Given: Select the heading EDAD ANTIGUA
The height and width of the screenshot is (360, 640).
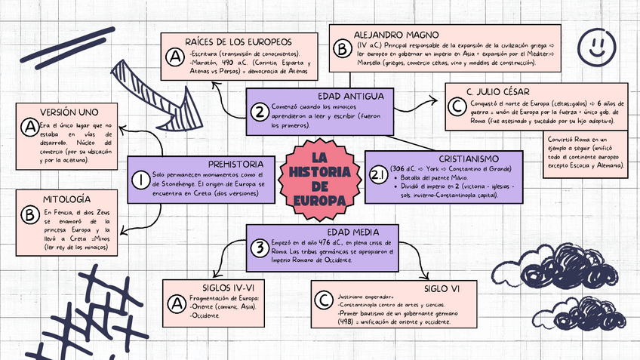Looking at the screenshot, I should [351, 96].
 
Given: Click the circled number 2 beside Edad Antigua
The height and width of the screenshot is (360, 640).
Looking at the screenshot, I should [260, 112].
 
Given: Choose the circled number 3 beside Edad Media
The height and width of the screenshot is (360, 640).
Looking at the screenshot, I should [259, 248].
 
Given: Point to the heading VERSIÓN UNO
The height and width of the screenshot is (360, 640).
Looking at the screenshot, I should [69, 112].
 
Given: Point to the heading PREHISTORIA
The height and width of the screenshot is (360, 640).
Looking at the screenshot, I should [235, 164].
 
